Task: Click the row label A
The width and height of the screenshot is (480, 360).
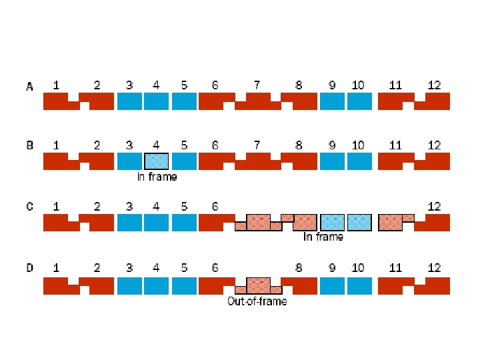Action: tap(29, 86)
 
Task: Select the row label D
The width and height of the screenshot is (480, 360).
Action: tap(29, 268)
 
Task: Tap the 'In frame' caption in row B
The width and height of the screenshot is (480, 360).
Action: tap(157, 177)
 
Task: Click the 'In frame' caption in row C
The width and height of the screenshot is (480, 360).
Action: tap(323, 237)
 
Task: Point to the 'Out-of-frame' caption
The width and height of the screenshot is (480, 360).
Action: tap(257, 301)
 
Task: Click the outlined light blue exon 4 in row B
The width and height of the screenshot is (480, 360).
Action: tap(157, 161)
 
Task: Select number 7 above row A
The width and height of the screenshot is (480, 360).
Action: tap(257, 85)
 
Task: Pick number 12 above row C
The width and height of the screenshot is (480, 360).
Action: tap(434, 207)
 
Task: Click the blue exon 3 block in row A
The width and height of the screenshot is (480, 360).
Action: tap(129, 101)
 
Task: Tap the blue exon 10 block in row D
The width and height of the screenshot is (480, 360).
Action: tap(359, 286)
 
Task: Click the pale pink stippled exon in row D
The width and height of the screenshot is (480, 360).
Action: tap(258, 285)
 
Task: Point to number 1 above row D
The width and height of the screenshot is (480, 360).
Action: tap(56, 268)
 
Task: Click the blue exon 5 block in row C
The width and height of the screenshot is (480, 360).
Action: tap(184, 223)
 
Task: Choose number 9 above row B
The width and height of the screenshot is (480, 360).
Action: tap(332, 145)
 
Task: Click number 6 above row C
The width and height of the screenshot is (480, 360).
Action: tap(215, 207)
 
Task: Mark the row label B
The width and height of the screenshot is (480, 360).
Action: tap(29, 145)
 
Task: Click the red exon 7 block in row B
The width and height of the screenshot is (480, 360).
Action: tap(257, 161)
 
